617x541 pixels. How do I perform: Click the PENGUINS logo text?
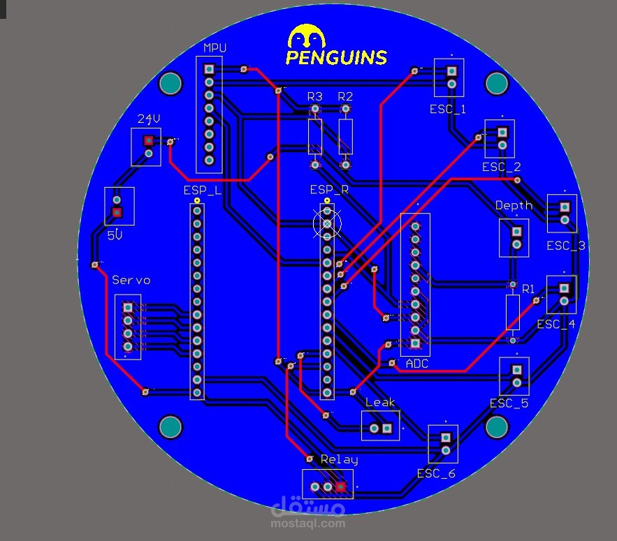(336, 57)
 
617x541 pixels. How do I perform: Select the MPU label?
(215, 47)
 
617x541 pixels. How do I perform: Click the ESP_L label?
(203, 190)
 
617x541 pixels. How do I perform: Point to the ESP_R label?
(329, 190)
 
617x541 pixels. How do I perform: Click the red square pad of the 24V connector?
(148, 140)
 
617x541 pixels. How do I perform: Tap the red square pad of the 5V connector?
(117, 212)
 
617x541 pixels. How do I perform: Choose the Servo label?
(131, 280)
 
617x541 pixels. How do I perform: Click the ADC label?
(416, 364)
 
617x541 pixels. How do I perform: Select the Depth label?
(514, 205)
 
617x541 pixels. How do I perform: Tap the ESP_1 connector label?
(447, 110)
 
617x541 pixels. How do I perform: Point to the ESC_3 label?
(566, 246)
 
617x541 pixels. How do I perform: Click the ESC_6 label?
(436, 473)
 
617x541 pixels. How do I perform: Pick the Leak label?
(380, 402)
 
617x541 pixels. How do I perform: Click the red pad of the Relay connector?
(340, 487)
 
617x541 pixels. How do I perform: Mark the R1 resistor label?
(529, 288)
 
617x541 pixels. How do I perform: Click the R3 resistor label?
(315, 96)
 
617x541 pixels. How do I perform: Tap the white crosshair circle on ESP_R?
(327, 223)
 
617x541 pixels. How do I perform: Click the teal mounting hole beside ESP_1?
(496, 84)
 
